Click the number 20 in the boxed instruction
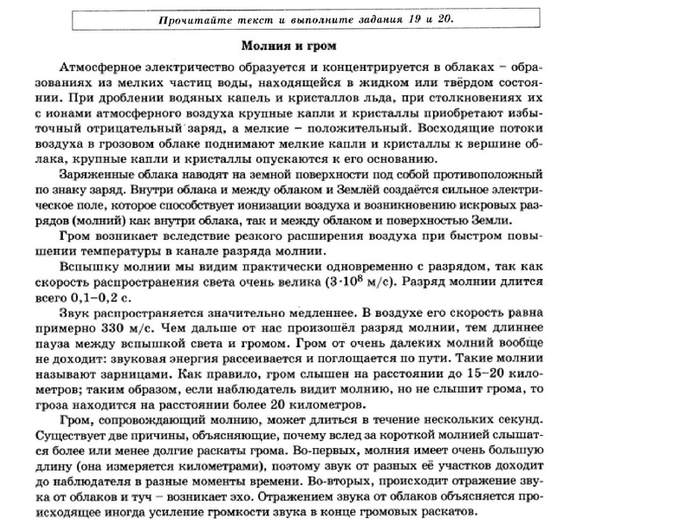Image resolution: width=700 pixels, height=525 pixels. click(443, 18)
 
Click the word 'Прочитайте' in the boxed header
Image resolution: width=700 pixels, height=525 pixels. click(193, 18)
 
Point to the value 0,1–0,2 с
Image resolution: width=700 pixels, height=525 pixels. click(101, 299)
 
